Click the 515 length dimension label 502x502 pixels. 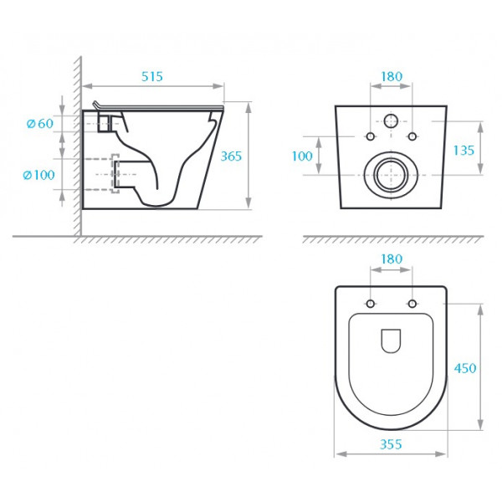pos(152,76)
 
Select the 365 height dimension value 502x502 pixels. pos(231,156)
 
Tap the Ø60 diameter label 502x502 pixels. pos(40,123)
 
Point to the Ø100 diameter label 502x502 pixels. pos(39,175)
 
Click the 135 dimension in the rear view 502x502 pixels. pos(464,150)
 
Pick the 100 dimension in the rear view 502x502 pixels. pos(302,156)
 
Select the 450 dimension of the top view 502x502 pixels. pos(465,368)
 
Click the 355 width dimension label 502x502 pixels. pos(391,444)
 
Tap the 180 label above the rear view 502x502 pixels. pos(392,76)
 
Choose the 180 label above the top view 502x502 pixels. pos(392,259)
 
